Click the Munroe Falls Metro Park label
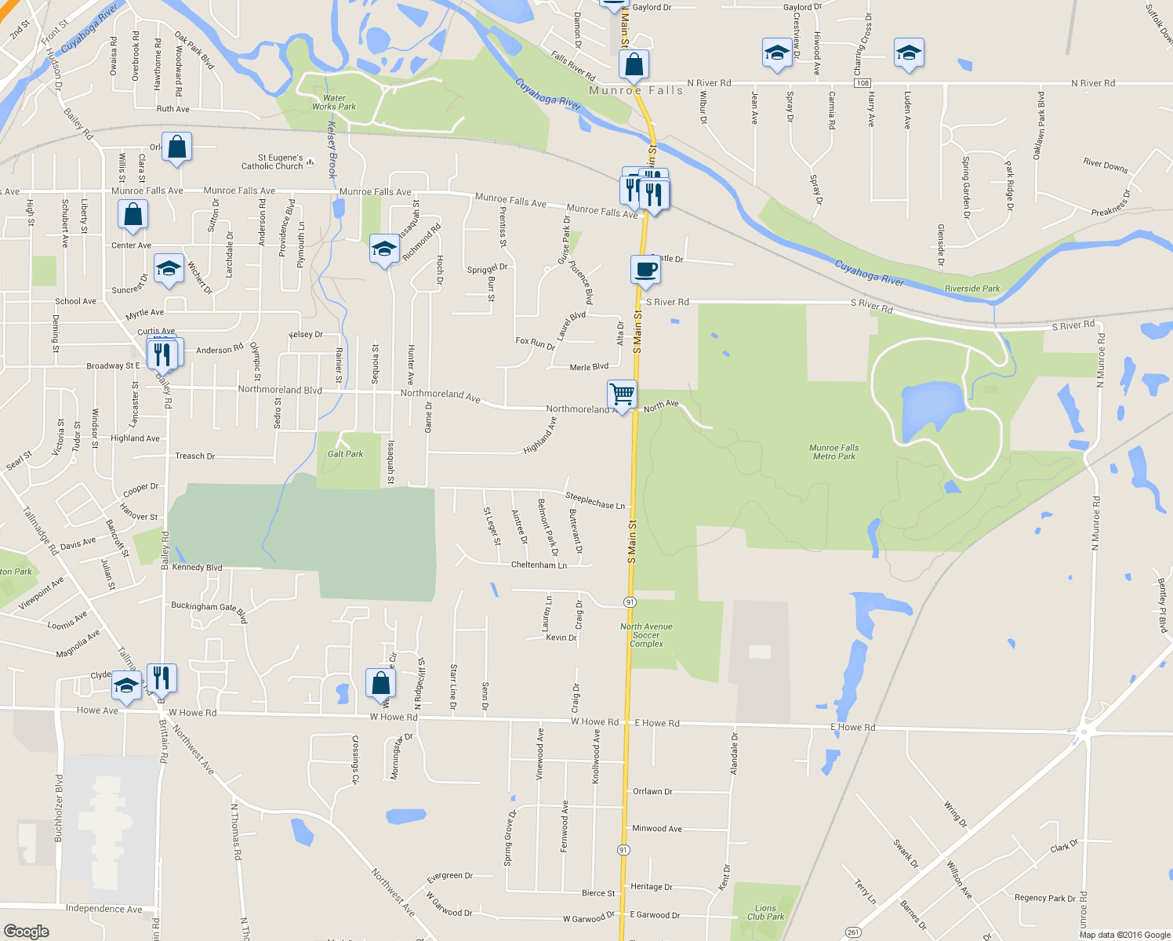pos(833,452)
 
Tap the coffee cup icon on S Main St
pos(645,270)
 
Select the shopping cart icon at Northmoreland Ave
pos(622,393)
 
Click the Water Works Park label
pos(334,103)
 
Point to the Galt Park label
pos(345,454)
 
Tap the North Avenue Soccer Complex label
pos(646,635)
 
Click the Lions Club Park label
pos(765,912)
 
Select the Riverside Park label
pos(972,289)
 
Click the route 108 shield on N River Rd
pos(862,83)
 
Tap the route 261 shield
pos(853,932)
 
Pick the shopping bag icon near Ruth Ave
pos(177,147)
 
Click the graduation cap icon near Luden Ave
pos(908,53)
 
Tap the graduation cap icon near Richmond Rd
pos(384,249)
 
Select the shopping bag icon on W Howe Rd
pos(380,683)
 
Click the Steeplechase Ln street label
pos(595,500)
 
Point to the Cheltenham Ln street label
pos(539,565)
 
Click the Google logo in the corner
pos(27,931)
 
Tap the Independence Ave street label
pos(104,909)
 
